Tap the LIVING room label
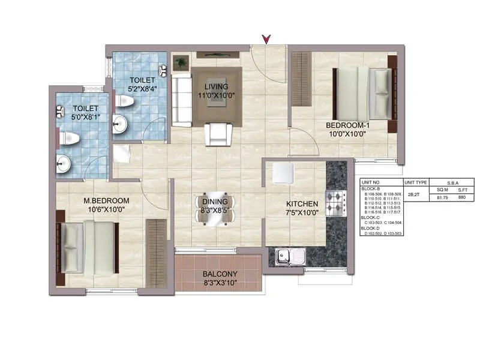point(216,85)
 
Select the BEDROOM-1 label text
point(344,125)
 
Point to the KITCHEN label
point(301,204)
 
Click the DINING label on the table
point(214,202)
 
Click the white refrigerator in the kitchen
point(283,173)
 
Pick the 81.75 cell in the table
point(443,196)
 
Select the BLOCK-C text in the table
point(372,217)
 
